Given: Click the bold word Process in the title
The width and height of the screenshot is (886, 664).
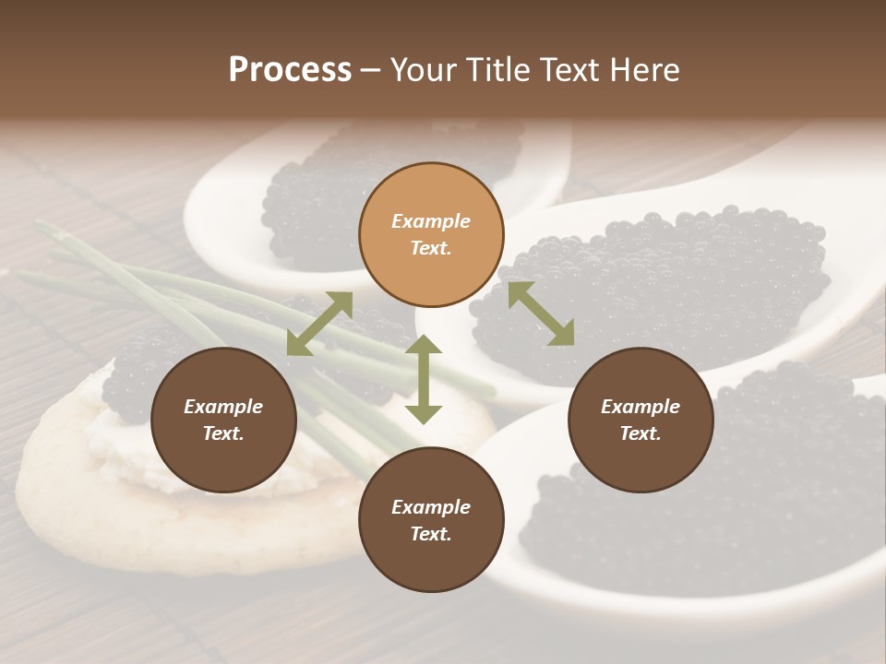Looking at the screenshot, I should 290,70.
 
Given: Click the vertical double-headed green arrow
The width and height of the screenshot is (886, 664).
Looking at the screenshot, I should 424,379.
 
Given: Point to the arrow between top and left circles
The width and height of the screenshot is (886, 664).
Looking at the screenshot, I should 319,323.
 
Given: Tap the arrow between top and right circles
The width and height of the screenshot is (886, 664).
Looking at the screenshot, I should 541,314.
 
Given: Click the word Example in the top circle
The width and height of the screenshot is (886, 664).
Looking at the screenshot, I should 431,221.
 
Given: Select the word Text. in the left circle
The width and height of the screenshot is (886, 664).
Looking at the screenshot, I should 223,433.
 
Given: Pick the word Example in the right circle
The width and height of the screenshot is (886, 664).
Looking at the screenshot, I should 641,407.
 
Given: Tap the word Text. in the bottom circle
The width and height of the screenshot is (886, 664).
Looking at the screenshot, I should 431,534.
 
